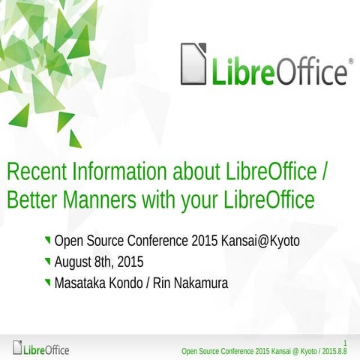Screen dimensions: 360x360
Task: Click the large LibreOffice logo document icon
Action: coord(193,64)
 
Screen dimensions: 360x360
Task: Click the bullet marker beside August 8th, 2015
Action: coord(48,262)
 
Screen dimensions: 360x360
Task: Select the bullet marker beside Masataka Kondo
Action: coord(48,283)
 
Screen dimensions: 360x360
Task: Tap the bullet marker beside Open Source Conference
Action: coord(48,241)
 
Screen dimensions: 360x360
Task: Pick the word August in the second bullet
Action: coord(74,262)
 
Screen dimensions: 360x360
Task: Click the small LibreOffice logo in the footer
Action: coord(41,349)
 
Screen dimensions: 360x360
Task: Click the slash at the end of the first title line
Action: coord(325,172)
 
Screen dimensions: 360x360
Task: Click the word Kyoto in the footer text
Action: coord(301,350)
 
